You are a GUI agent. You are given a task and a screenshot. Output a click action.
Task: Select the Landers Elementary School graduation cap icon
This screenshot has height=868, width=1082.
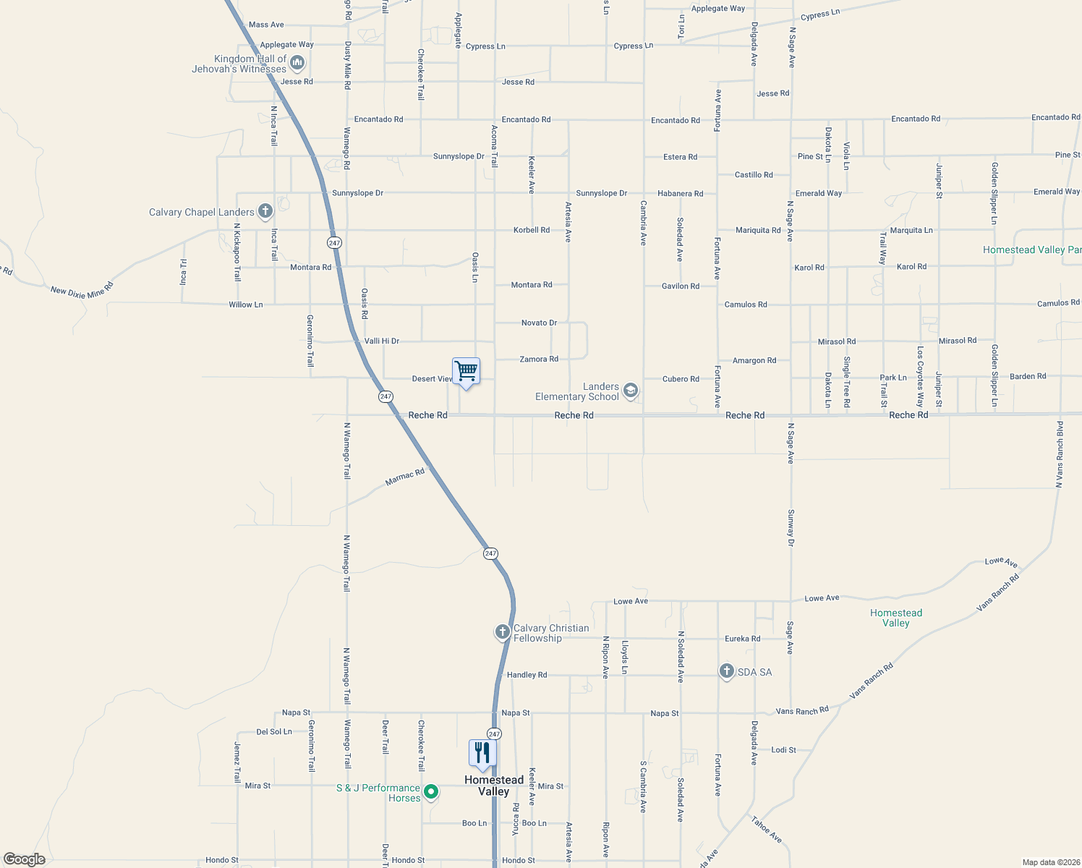pyautogui.click(x=630, y=391)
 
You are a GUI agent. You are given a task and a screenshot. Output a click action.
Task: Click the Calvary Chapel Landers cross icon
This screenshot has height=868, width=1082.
pyautogui.click(x=265, y=211)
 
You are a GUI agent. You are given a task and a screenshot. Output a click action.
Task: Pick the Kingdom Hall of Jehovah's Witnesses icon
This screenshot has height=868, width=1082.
pyautogui.click(x=297, y=64)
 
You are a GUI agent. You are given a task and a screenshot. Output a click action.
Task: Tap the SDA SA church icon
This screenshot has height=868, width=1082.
pyautogui.click(x=726, y=671)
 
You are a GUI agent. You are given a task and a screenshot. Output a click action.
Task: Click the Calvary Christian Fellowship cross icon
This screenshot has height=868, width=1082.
pyautogui.click(x=502, y=632)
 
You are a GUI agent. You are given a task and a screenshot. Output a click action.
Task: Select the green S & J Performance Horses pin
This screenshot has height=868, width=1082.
pyautogui.click(x=431, y=792)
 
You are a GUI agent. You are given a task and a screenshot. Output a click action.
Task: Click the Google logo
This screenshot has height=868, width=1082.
pyautogui.click(x=25, y=859)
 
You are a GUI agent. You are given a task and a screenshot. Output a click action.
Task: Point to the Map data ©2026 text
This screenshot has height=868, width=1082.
pyautogui.click(x=1049, y=862)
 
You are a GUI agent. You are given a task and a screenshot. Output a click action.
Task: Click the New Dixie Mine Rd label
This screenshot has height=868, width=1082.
pyautogui.click(x=82, y=290)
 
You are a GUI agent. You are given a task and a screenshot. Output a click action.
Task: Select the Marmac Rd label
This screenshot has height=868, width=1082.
pyautogui.click(x=405, y=477)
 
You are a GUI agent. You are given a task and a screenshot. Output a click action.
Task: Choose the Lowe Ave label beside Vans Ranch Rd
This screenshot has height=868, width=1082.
pyautogui.click(x=1001, y=562)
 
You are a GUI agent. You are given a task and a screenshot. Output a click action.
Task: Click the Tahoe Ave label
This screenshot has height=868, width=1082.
pyautogui.click(x=766, y=830)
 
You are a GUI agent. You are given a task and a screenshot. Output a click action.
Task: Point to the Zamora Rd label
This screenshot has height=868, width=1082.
pyautogui.click(x=539, y=359)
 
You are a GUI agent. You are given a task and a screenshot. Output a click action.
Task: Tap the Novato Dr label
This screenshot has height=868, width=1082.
pyautogui.click(x=539, y=323)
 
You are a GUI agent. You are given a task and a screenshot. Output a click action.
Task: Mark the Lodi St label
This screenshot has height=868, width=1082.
pyautogui.click(x=783, y=749)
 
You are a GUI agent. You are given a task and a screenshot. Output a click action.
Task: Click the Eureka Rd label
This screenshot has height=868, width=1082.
pyautogui.click(x=742, y=639)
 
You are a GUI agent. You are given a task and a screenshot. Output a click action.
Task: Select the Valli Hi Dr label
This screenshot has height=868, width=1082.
pyautogui.click(x=382, y=341)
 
